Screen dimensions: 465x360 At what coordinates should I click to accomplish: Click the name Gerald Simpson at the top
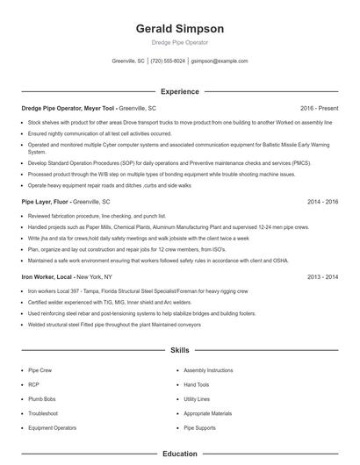[x=179, y=28]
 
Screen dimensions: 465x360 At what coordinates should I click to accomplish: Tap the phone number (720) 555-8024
[x=168, y=61]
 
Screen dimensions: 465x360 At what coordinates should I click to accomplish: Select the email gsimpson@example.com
[x=219, y=61]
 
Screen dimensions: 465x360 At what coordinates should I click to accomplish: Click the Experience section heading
[x=179, y=91]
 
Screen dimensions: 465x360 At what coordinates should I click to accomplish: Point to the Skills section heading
[x=179, y=350]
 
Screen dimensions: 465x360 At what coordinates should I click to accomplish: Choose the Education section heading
[x=179, y=454]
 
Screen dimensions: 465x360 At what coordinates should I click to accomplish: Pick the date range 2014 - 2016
[x=322, y=201]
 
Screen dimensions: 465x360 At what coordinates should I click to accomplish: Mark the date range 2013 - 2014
[x=322, y=276]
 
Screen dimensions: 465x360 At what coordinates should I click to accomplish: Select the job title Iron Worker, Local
[x=51, y=276]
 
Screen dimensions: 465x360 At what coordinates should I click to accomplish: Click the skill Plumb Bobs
[x=43, y=398]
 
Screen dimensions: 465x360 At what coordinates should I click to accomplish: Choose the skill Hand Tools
[x=197, y=384]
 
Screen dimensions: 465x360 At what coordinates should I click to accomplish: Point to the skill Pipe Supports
[x=199, y=426]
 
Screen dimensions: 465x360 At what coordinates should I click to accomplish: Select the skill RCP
[x=34, y=384]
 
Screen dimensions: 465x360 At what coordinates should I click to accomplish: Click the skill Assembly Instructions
[x=208, y=370]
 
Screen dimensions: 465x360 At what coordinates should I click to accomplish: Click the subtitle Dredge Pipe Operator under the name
[x=179, y=42]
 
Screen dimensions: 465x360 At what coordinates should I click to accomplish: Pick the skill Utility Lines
[x=198, y=398]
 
